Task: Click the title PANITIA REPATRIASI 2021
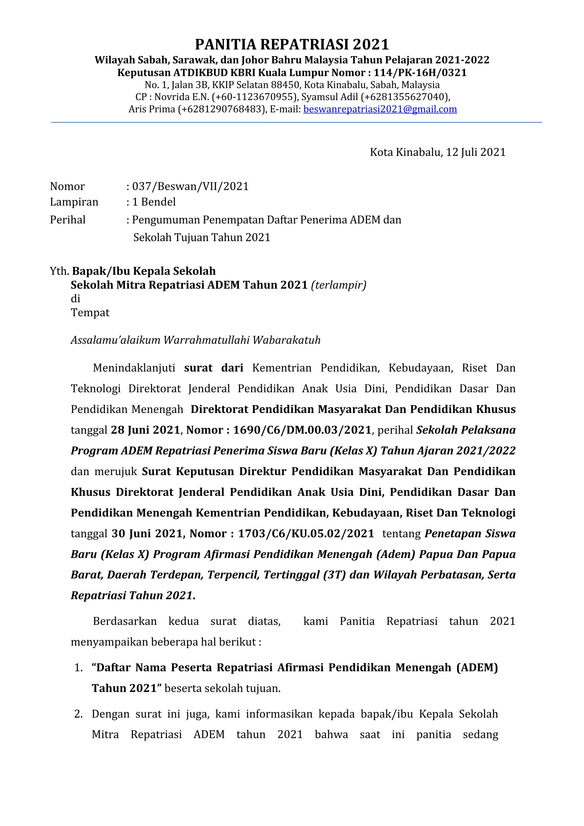coord(292,45)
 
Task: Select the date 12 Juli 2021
coord(476,152)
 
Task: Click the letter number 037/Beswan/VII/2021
coord(190,186)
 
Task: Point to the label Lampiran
coord(74,202)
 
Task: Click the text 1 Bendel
coord(154,202)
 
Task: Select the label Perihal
coord(68,220)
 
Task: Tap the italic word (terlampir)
coord(338,285)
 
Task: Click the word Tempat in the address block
coord(90,312)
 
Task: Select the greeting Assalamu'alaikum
coord(115,340)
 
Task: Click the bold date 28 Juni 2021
coord(145,430)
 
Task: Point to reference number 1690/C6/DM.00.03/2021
coord(302,430)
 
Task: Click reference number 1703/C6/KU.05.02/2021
coord(306,534)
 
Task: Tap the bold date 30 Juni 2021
coord(148,534)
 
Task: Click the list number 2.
coord(78,714)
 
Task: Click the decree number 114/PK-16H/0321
coord(420,73)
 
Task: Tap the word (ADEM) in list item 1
coord(477,668)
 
